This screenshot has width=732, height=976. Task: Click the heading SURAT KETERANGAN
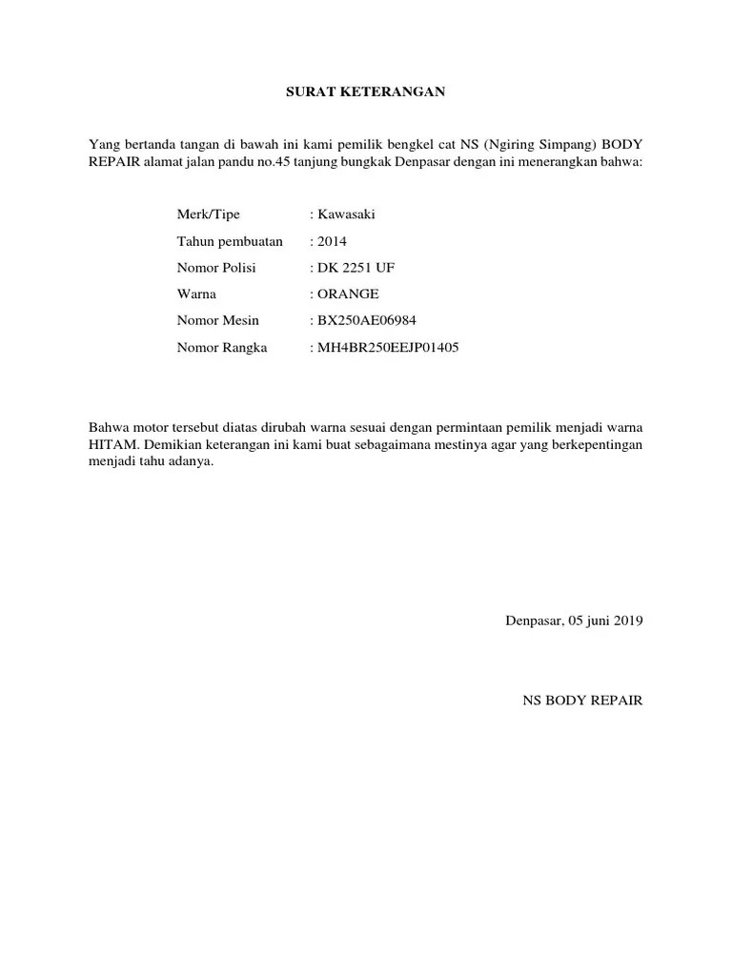[x=367, y=92]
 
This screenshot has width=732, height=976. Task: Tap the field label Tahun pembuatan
[x=230, y=241]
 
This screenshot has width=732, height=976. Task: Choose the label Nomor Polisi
[x=216, y=268]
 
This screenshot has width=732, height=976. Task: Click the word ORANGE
[x=349, y=295]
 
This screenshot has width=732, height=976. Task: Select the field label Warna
[x=196, y=295]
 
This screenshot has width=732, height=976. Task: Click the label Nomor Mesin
[x=217, y=321]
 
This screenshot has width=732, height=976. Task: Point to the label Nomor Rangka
[x=222, y=348]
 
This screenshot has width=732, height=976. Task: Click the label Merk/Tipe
[x=209, y=214]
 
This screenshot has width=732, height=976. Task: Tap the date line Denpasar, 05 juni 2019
[x=574, y=620]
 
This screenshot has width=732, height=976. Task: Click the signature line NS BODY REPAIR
[x=582, y=701]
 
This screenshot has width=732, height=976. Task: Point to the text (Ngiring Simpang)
[x=539, y=144]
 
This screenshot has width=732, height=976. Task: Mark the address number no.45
[x=270, y=162]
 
